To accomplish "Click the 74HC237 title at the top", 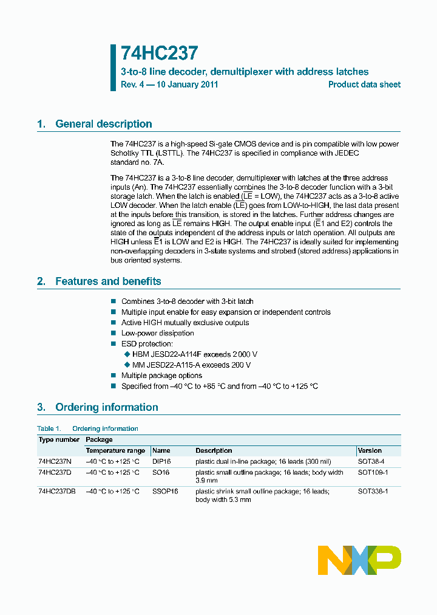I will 159,53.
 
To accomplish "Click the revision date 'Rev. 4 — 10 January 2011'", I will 169,84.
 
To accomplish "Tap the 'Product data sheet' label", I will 364,84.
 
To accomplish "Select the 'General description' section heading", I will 103,124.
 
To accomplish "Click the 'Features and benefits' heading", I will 108,281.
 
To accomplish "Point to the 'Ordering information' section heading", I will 106,407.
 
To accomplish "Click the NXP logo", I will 359,560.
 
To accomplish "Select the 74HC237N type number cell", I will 55,461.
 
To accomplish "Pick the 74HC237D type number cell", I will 55,472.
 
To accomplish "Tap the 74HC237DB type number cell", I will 56,491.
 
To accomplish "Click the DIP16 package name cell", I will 162,461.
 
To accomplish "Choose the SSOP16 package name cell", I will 165,491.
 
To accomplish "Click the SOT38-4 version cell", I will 371,461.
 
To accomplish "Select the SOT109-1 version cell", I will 373,472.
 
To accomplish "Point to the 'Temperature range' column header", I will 115,450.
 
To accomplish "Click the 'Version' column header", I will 370,450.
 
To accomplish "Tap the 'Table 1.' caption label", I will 49,428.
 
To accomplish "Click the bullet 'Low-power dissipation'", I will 157,333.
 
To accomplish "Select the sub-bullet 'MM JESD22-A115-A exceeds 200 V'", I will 191,365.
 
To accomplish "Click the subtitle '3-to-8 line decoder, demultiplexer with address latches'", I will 245,72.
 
